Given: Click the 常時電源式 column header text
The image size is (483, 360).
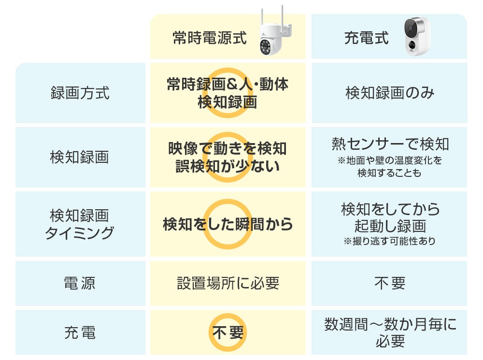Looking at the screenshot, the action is click(209, 38).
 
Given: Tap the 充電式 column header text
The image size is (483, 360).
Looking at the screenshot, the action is click(366, 38).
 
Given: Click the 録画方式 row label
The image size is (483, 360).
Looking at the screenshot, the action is click(80, 93).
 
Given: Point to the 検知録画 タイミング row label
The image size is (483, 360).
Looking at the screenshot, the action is click(80, 224).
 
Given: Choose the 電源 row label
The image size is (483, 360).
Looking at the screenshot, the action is click(80, 283).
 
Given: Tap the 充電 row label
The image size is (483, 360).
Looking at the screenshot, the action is click(80, 332).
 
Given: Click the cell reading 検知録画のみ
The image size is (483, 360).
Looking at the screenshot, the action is click(389, 93).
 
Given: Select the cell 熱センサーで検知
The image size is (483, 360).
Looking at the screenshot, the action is click(389, 144).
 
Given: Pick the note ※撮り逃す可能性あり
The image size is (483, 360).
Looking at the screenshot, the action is click(389, 241).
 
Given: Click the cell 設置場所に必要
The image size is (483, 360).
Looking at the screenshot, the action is click(228, 283).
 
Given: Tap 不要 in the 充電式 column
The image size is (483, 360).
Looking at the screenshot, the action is click(389, 283).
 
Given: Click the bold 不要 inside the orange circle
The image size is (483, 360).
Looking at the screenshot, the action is click(228, 332).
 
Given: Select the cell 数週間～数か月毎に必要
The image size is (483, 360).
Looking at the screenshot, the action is click(389, 332).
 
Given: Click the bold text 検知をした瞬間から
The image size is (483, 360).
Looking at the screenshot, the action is click(228, 224).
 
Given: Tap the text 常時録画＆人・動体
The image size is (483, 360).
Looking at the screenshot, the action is click(227, 85).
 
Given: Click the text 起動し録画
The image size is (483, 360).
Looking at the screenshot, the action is click(389, 226).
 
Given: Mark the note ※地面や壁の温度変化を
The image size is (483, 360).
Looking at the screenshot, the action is click(389, 160).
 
